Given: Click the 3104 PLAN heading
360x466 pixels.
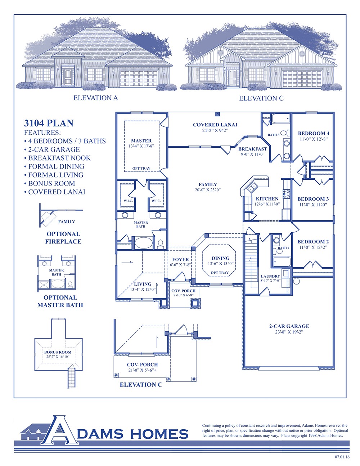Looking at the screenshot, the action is [49, 123].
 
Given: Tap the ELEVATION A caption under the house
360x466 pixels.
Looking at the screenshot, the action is [95, 98].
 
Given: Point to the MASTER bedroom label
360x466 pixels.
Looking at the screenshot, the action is [141, 141].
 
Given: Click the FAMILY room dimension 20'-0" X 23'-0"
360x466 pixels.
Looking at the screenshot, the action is [208, 189].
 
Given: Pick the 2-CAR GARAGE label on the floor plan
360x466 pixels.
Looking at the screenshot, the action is [289, 326].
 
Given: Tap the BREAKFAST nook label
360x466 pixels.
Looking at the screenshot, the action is [253, 149].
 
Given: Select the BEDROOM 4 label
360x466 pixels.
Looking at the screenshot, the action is [314, 133].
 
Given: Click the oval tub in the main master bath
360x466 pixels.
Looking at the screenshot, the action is [143, 243].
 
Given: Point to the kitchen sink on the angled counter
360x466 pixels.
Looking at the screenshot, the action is [252, 188].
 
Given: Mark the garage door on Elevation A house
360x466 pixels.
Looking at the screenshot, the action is [139, 79].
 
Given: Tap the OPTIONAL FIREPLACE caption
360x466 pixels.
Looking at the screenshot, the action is [63, 238].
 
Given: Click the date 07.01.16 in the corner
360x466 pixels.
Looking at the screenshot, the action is [342, 457].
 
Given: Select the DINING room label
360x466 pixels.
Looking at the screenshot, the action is [220, 258].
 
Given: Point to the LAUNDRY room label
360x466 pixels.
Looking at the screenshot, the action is [270, 276].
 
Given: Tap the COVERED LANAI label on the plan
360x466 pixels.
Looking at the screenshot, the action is [215, 125].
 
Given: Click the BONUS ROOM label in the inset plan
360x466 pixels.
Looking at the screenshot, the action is [58, 352].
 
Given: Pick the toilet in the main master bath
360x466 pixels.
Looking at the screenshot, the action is [160, 243].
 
